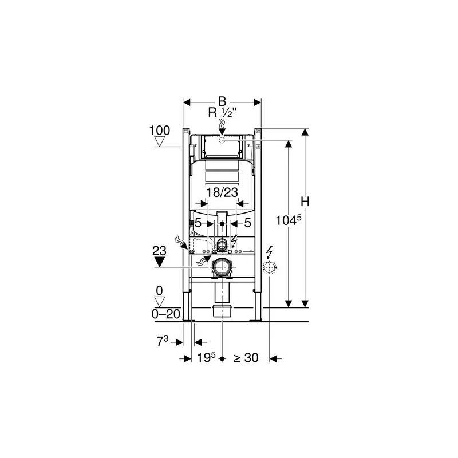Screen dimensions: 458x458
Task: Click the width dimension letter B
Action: (222, 101)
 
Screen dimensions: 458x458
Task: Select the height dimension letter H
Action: (305, 202)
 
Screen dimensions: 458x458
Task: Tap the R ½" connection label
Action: (222, 112)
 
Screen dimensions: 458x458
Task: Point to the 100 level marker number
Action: (160, 131)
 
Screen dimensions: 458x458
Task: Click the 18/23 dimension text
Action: (222, 192)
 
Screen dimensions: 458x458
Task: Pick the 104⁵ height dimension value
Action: (289, 220)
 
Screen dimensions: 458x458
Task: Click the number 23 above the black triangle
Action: (160, 251)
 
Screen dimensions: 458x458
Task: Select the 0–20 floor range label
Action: (166, 314)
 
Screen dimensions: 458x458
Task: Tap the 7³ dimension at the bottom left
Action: (163, 341)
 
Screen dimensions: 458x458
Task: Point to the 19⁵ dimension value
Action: (206, 357)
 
